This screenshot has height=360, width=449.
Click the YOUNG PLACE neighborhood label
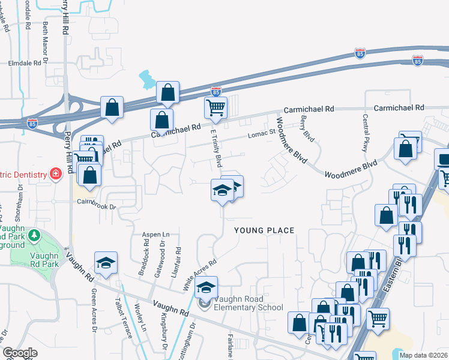[x=264, y=230]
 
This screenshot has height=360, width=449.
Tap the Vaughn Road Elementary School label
[x=247, y=308]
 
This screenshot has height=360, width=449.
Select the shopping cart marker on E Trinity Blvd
[x=216, y=109]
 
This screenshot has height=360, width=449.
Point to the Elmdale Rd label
[x=28, y=62]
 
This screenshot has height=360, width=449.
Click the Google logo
[x=20, y=353]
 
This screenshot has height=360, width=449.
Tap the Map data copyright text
[x=423, y=355]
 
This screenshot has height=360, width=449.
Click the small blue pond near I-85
[x=146, y=79]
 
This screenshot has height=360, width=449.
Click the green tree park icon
[x=34, y=235]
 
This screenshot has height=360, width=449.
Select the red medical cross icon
[x=56, y=174]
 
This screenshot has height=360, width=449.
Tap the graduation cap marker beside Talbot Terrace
[x=106, y=263]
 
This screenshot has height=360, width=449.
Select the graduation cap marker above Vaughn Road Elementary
[x=206, y=288]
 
